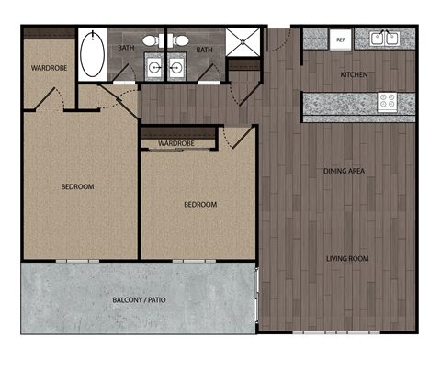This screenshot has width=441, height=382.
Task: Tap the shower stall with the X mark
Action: (x=243, y=43)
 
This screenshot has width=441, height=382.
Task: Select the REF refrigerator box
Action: (x=340, y=39)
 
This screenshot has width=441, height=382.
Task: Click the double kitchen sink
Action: (x=383, y=39)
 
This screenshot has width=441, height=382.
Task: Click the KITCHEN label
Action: (x=356, y=74)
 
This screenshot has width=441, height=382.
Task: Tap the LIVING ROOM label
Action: (x=346, y=259)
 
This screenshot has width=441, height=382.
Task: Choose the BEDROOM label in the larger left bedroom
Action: (x=77, y=187)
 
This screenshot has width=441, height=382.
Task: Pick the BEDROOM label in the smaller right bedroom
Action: (x=199, y=204)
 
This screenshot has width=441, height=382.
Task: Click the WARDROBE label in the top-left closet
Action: (x=48, y=68)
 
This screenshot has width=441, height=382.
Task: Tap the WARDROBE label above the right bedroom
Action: (x=175, y=144)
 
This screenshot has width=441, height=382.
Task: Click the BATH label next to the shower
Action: (x=205, y=50)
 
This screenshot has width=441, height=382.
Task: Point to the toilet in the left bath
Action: (x=157, y=40)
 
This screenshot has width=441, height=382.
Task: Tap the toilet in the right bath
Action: (x=180, y=40)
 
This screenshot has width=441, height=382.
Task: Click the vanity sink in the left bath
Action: (x=154, y=67)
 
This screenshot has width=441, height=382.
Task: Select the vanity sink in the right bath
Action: (x=177, y=67)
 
